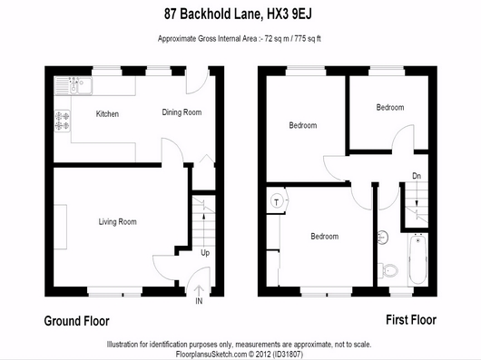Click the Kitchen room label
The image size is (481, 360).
click(x=107, y=114)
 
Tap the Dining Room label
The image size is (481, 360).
click(x=182, y=112)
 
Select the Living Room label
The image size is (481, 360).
click(x=117, y=221)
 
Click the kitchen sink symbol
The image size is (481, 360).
click(x=74, y=85)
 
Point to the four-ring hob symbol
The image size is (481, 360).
click(x=63, y=121)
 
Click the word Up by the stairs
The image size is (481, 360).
click(x=205, y=253)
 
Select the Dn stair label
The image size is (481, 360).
click(x=417, y=176)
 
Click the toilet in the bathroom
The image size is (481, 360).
click(x=388, y=270)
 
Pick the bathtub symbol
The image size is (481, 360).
click(x=417, y=259)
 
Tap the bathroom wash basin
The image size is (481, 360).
click(x=382, y=238)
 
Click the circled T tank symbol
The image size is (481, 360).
click(x=277, y=201)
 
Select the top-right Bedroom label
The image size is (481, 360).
click(x=390, y=107)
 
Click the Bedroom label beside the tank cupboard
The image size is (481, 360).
click(x=325, y=236)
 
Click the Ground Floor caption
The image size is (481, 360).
click(x=77, y=321)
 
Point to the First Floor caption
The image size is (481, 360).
click(x=411, y=320)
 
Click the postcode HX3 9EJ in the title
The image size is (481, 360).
click(x=290, y=14)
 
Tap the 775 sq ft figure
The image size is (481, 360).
click(x=308, y=39)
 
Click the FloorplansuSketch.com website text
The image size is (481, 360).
click(x=211, y=355)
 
